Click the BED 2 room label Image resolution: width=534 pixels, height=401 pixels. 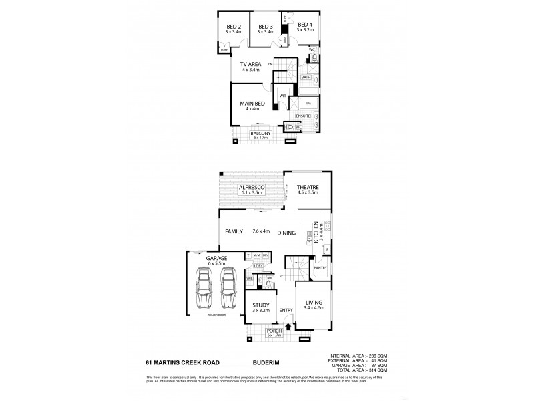[232, 26]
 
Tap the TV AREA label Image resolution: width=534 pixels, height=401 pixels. [250, 64]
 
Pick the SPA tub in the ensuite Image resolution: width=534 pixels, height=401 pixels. [308, 104]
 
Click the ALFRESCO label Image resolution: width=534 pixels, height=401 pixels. [252, 187]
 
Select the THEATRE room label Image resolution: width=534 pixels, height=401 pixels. [308, 187]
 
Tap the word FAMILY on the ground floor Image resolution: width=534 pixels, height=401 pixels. [233, 231]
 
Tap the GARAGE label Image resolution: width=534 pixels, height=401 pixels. [216, 257]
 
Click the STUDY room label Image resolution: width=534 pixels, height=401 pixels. [260, 305]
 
